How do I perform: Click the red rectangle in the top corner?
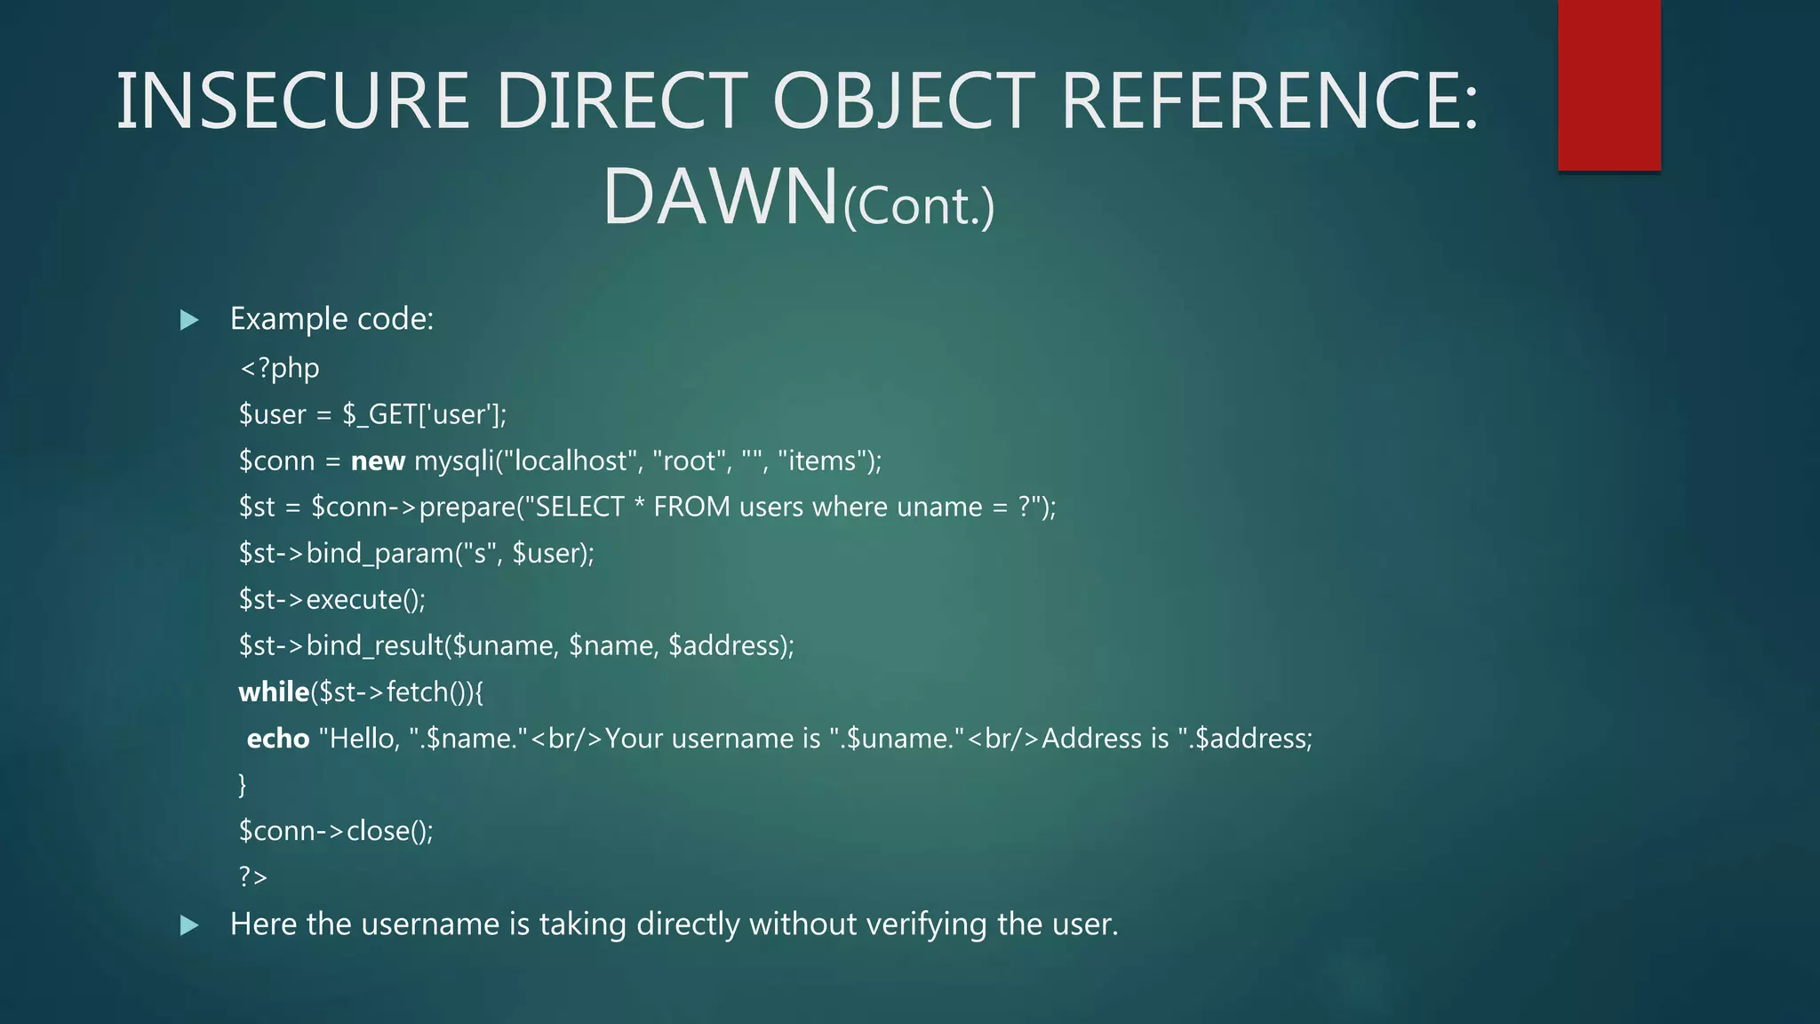pyautogui.click(x=1608, y=84)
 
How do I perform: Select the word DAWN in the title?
pyautogui.click(x=721, y=196)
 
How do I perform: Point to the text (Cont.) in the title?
pyautogui.click(x=919, y=206)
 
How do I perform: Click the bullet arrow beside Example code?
pyautogui.click(x=189, y=320)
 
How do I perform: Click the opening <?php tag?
pyautogui.click(x=279, y=368)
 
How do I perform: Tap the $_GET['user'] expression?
pyautogui.click(x=423, y=414)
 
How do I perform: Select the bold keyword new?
pyautogui.click(x=378, y=460)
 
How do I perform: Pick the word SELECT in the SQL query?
pyautogui.click(x=580, y=507)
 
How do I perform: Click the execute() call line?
pyautogui.click(x=332, y=599)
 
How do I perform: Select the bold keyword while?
pyautogui.click(x=274, y=692)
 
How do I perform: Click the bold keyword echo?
pyautogui.click(x=278, y=739)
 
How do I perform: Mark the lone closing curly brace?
pyautogui.click(x=243, y=784)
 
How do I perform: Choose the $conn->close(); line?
pyautogui.click(x=336, y=830)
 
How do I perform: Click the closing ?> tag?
pyautogui.click(x=252, y=876)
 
